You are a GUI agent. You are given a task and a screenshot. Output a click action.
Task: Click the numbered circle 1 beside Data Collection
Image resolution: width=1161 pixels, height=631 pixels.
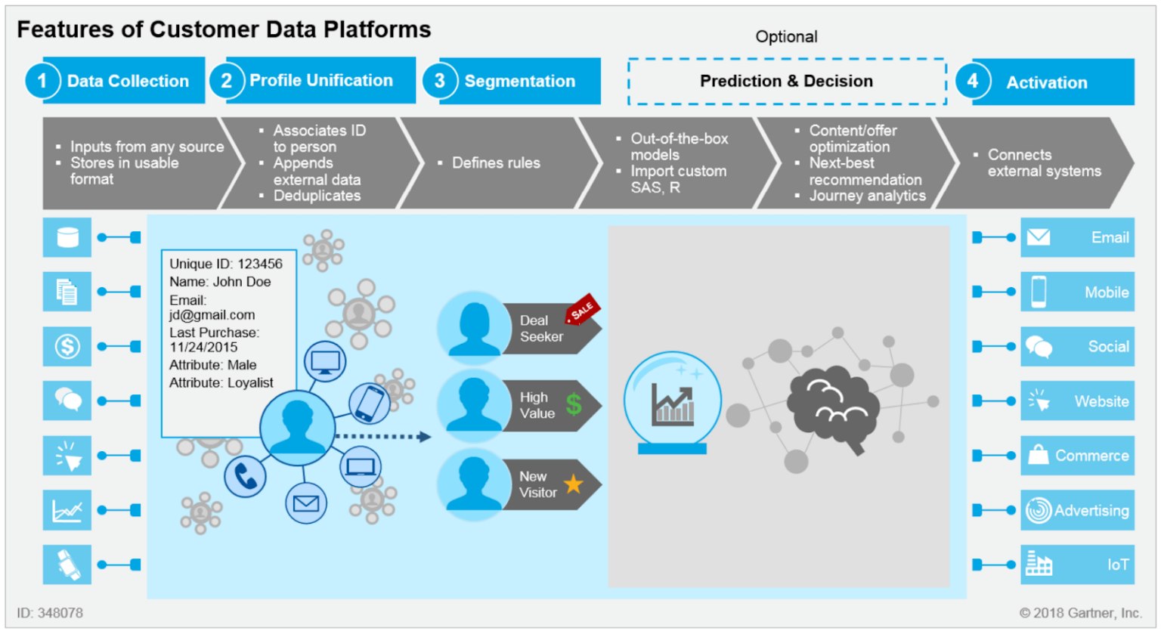(42, 81)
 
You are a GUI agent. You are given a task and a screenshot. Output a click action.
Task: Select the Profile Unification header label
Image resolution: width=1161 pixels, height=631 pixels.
(321, 80)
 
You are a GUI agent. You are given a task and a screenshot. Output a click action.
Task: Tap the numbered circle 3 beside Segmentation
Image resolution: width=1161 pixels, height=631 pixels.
(439, 81)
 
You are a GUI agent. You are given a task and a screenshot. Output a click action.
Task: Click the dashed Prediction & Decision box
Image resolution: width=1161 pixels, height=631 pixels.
(786, 81)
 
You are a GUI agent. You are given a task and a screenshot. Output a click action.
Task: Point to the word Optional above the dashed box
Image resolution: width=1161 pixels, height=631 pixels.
(786, 36)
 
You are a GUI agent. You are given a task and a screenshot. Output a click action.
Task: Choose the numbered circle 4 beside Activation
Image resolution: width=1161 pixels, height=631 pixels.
(973, 81)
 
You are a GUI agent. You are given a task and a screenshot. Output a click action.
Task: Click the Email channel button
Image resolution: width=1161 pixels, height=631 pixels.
(1077, 237)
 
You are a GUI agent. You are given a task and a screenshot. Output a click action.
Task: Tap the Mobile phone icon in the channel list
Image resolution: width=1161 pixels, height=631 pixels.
(1039, 292)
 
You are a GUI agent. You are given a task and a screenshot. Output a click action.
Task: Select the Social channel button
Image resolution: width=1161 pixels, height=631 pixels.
(1077, 346)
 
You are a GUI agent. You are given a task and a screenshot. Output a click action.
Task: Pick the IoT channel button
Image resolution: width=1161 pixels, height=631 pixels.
(1077, 564)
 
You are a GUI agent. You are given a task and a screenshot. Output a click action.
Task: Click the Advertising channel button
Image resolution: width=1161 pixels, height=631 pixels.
(1077, 510)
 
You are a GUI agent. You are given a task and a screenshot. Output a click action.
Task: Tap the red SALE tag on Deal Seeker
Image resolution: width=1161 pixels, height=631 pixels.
(582, 309)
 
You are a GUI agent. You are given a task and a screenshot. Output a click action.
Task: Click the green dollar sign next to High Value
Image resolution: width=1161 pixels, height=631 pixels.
(574, 404)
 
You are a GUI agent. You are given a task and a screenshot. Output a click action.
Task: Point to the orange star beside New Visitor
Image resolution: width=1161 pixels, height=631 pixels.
(574, 484)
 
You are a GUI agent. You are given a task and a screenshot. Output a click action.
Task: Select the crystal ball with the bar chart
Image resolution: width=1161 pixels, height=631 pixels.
(672, 401)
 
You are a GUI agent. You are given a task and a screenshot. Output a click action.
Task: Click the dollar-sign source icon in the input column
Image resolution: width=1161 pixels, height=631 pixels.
(67, 346)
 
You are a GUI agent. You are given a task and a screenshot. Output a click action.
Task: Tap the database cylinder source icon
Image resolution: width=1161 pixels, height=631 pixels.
(67, 237)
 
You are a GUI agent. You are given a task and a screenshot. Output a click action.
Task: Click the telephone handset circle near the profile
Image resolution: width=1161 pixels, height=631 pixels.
(245, 476)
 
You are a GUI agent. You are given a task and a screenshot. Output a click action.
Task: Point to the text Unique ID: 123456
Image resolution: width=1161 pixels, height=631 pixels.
(225, 264)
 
